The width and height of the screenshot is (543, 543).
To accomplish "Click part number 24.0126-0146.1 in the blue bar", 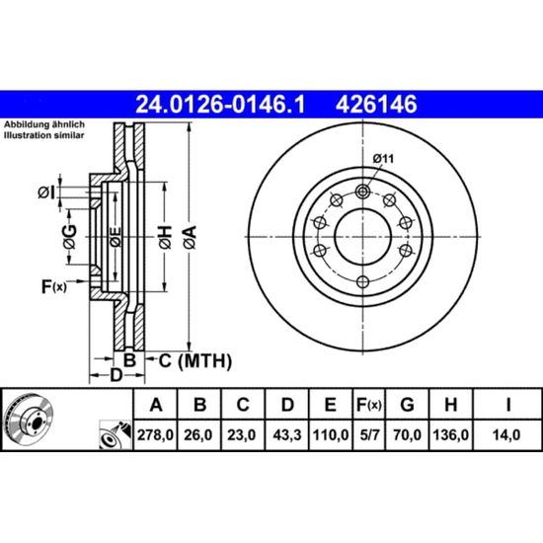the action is [220, 105].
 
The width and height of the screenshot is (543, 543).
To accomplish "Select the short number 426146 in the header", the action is [376, 105].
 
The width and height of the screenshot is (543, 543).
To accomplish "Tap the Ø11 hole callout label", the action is [383, 159].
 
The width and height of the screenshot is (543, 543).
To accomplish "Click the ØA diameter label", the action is [190, 237].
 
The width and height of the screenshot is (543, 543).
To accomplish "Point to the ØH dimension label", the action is [165, 237].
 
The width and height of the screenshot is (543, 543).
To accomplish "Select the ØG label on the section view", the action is [70, 237].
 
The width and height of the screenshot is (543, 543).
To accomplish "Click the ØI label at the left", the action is [46, 193].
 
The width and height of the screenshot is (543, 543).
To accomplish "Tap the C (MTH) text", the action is [195, 361].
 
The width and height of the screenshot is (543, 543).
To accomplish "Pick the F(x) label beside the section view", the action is [53, 286].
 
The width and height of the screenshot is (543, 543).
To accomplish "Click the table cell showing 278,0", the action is [155, 435].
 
